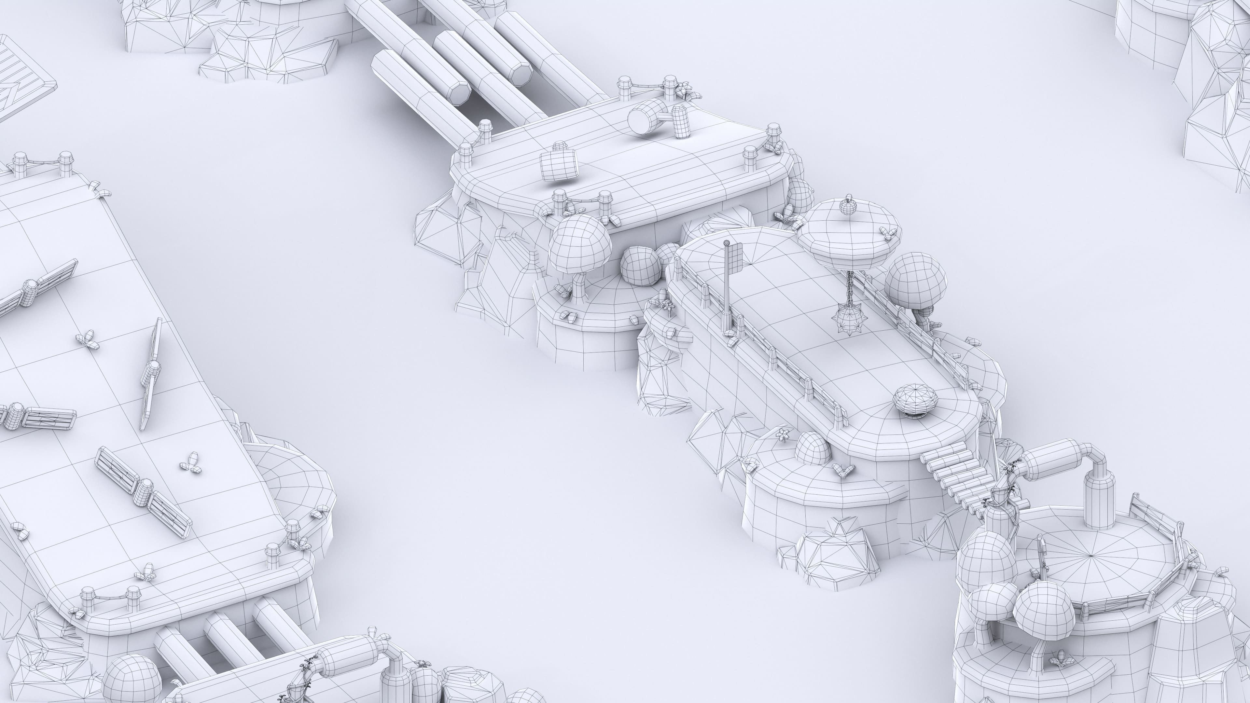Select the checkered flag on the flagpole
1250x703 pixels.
(735, 253)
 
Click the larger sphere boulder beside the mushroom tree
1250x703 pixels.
(641, 266)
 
